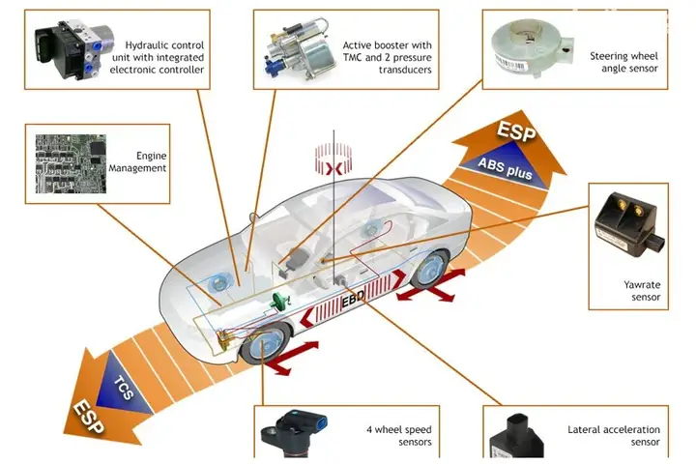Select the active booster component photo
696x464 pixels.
(299, 48)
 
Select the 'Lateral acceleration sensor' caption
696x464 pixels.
(613, 435)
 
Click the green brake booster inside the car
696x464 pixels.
(281, 303)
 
